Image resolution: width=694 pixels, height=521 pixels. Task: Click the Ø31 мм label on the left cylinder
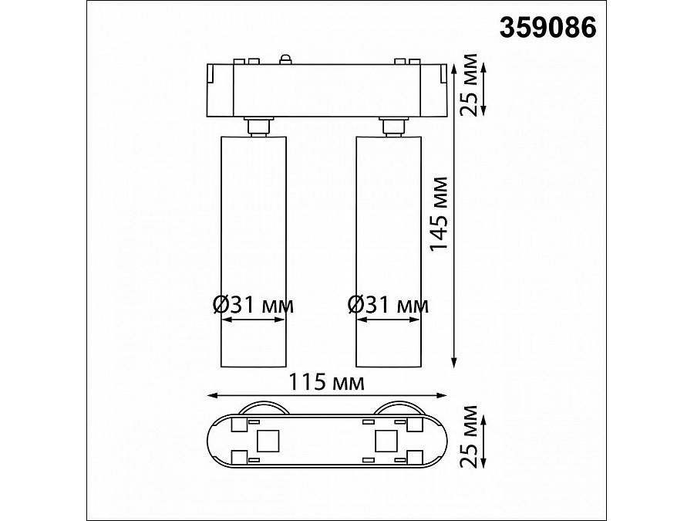coord(252,305)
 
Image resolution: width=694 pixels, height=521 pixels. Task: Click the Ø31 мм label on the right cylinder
coord(389,305)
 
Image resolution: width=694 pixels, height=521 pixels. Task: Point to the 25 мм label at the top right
coord(467,85)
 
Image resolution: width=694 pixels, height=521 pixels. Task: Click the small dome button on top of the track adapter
coord(285,59)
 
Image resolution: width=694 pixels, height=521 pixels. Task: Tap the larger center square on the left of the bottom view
coord(267,441)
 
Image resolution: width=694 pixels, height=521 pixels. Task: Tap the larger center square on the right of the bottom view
coord(384,441)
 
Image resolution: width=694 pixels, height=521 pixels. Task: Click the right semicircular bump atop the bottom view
coord(399,408)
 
